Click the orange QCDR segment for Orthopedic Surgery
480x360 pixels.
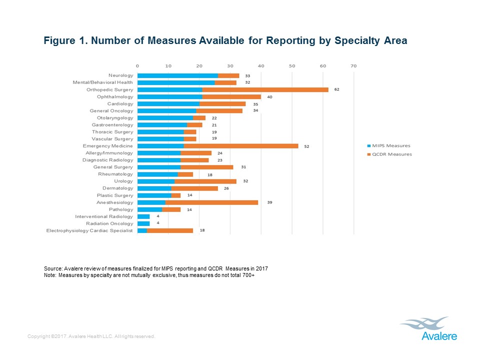point(265,89)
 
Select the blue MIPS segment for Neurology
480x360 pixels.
point(177,75)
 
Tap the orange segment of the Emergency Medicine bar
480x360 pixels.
point(241,146)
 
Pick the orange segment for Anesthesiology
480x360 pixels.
point(212,202)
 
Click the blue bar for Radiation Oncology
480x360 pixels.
point(143,223)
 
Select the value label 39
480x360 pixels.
point(269,202)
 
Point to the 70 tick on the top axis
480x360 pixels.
point(353,66)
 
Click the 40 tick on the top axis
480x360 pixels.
point(261,66)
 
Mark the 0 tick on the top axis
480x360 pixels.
point(137,66)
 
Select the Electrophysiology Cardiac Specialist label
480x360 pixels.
point(90,230)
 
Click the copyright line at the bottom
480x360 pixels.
point(92,336)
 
